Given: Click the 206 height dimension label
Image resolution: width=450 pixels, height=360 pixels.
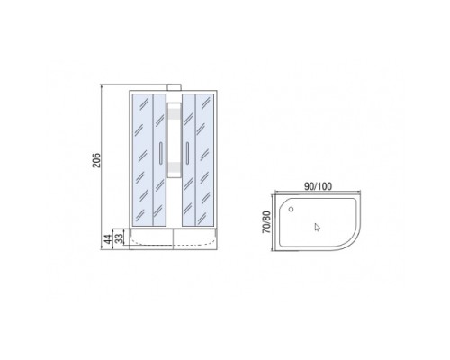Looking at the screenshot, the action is click(96, 160).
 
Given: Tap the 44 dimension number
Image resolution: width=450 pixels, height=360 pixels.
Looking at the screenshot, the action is click(107, 239).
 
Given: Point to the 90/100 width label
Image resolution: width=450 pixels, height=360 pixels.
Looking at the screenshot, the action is click(318, 186).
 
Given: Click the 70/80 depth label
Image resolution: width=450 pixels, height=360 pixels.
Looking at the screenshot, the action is click(266, 222).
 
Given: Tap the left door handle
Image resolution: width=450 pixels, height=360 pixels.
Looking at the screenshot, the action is click(161, 153).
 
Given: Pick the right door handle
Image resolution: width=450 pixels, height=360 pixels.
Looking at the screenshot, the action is click(187, 153).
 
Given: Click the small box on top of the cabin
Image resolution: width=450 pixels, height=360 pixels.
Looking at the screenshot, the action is click(174, 87).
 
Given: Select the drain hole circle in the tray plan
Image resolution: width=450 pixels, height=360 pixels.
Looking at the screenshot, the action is click(291, 209).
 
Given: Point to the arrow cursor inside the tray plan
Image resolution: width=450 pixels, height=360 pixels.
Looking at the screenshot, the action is click(317, 227).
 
